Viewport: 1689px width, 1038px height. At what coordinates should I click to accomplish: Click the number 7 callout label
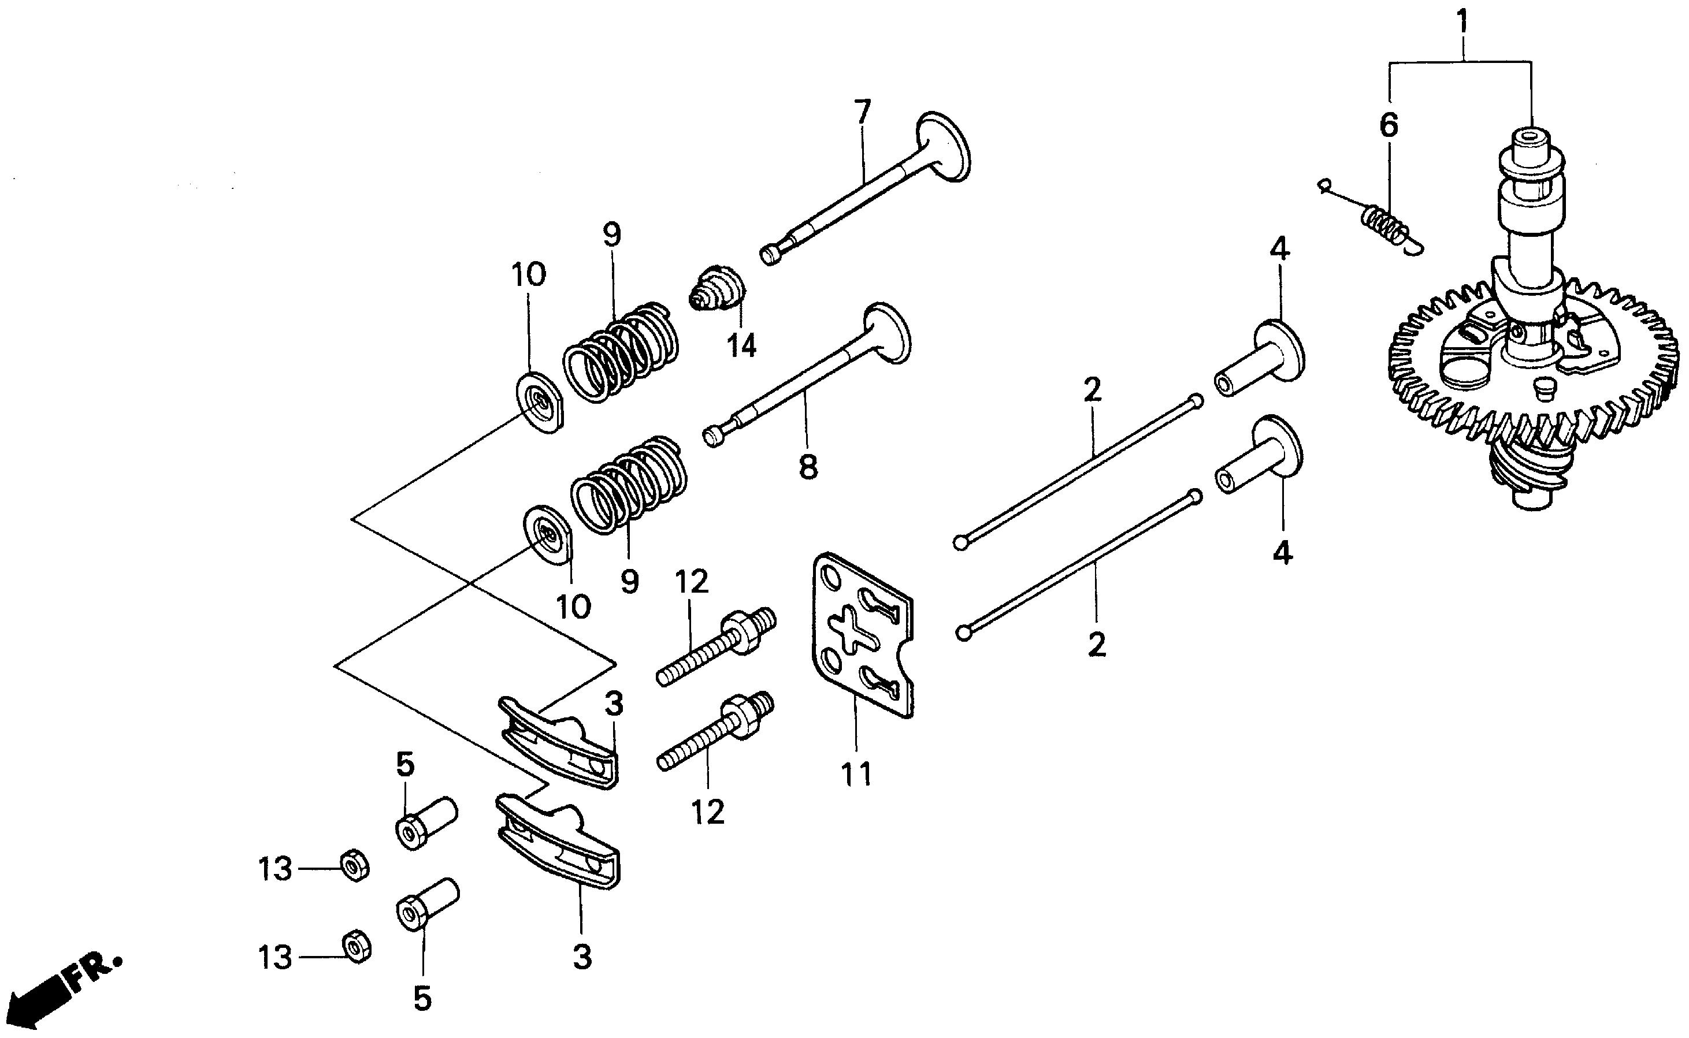coord(862,112)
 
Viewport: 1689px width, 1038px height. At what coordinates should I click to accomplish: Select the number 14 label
coord(742,345)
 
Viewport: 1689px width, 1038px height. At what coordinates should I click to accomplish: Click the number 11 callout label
coord(856,773)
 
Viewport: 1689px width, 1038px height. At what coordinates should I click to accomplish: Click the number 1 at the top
coord(1462,22)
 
